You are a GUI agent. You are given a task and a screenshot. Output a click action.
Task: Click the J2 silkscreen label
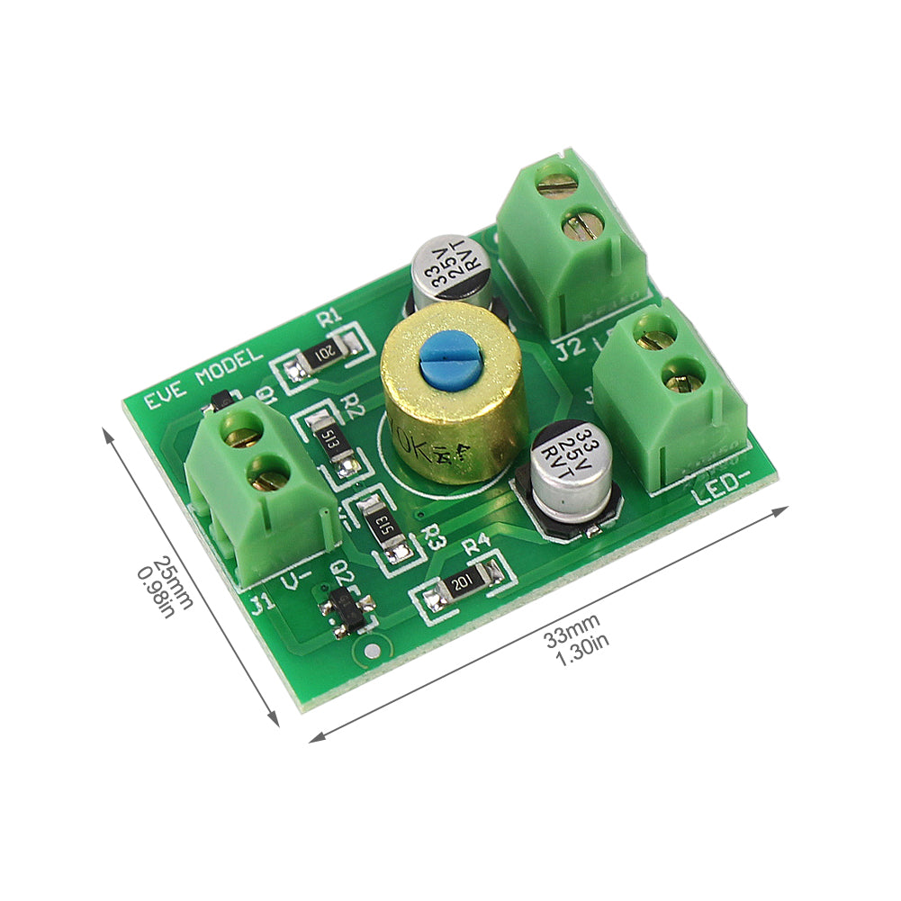(x=571, y=346)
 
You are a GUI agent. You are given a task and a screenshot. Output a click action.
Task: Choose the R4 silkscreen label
(x=476, y=543)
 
